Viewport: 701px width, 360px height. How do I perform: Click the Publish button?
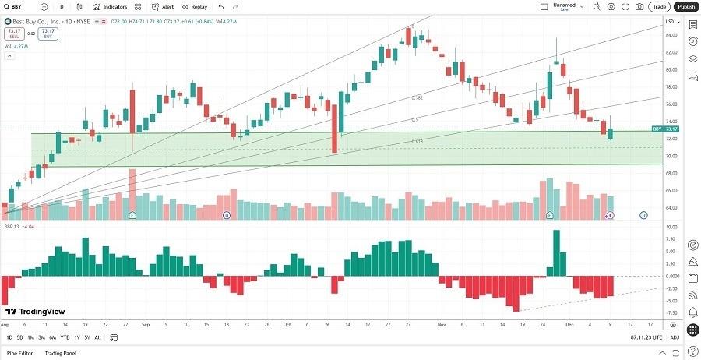tap(685, 6)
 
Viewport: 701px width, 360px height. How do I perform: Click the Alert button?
tap(162, 6)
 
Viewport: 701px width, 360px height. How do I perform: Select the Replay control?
tap(195, 6)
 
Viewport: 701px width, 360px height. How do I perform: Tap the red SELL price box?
tap(13, 34)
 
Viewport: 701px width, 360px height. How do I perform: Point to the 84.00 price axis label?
tap(669, 35)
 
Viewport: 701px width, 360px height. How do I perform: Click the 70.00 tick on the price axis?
tap(669, 156)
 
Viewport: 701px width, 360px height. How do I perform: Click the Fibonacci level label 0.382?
tap(417, 98)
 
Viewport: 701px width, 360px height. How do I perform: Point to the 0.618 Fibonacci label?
tap(417, 141)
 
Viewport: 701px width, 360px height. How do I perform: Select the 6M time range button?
tap(52, 337)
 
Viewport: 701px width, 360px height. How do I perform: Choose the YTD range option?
tap(65, 337)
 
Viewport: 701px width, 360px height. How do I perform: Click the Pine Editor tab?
tap(20, 353)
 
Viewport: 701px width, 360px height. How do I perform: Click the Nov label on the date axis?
tap(442, 324)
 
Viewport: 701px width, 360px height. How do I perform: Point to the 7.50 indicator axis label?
tap(669, 239)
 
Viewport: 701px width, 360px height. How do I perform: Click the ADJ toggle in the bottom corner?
tap(675, 337)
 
